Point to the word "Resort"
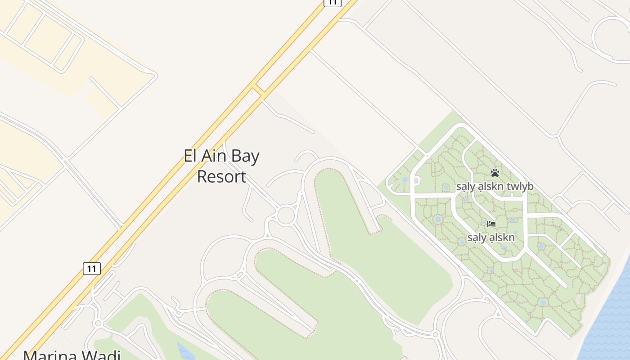[221, 176]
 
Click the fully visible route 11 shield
[92, 269]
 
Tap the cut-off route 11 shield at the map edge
[332, 2]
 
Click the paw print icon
[495, 173]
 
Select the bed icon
[491, 224]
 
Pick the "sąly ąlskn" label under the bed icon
[491, 237]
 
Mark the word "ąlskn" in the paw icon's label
[491, 187]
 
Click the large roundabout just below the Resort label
[286, 215]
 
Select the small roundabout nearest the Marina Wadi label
[98, 323]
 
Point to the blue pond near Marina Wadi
[185, 351]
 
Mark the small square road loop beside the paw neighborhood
[416, 181]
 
